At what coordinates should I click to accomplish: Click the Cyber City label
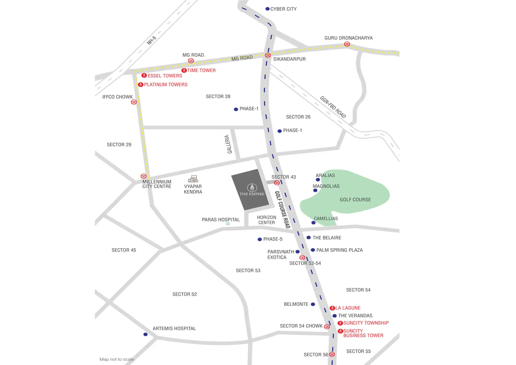click(283, 9)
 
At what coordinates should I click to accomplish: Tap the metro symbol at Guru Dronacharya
click(347, 44)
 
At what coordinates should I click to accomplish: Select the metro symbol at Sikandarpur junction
click(268, 55)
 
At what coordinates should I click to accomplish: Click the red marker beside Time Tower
click(184, 70)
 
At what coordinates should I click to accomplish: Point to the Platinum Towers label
click(165, 85)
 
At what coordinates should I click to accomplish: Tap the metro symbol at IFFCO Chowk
click(134, 102)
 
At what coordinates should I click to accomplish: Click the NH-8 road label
click(151, 40)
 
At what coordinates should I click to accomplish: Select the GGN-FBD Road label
click(333, 107)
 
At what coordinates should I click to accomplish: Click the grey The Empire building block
click(250, 190)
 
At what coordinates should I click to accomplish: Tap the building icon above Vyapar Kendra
click(193, 179)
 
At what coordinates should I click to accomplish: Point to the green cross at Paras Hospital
click(228, 224)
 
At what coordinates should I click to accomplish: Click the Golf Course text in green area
click(355, 200)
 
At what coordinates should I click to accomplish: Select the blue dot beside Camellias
click(313, 223)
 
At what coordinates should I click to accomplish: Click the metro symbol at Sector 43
click(277, 183)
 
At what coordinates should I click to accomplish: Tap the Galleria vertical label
click(228, 144)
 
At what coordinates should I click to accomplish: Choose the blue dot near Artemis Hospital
click(145, 334)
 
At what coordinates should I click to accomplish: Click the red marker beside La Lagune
click(332, 308)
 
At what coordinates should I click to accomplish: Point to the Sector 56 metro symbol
click(332, 354)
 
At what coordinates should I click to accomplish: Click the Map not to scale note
click(116, 359)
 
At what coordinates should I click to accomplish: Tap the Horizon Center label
click(266, 220)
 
